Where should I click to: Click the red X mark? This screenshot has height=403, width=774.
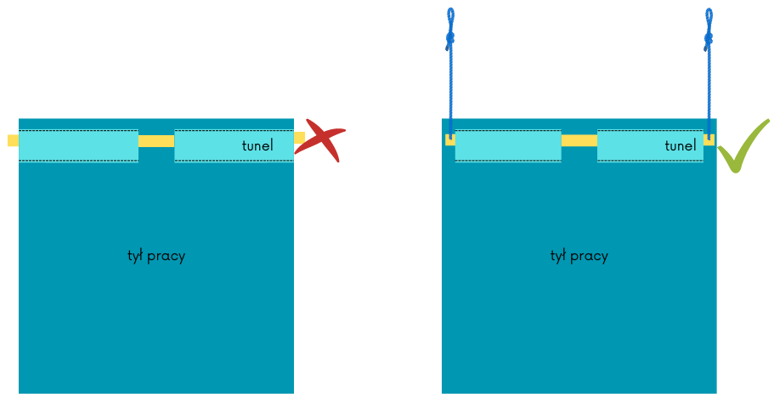click(x=320, y=140)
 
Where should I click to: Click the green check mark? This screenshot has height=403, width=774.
click(x=741, y=146)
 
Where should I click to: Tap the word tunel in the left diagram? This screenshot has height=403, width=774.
click(x=257, y=145)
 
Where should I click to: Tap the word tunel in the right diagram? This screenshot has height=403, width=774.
click(x=681, y=145)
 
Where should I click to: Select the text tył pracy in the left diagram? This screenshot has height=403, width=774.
click(x=156, y=255)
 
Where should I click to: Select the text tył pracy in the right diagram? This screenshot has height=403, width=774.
click(x=579, y=255)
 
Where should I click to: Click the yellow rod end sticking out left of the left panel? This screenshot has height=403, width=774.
click(x=13, y=140)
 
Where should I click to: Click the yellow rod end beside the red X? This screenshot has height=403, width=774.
click(x=299, y=138)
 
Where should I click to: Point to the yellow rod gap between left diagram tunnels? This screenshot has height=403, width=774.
click(x=156, y=141)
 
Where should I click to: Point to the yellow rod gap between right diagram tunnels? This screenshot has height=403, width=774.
click(x=579, y=140)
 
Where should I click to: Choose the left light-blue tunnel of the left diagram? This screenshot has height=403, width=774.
click(x=78, y=145)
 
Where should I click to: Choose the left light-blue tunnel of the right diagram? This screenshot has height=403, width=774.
click(x=508, y=145)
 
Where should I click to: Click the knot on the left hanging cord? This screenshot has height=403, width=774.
click(x=450, y=37)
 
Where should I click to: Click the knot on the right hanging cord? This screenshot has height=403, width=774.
click(x=709, y=37)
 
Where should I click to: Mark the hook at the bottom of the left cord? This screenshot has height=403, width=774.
click(x=451, y=134)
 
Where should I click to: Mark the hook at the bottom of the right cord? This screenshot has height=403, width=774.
click(x=709, y=134)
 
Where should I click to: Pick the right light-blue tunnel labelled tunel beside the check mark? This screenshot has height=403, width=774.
click(x=650, y=145)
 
